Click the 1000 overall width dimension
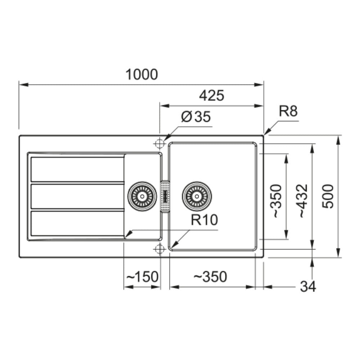(x=141, y=75)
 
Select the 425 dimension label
(x=211, y=96)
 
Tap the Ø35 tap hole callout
(x=196, y=117)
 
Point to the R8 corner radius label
(x=288, y=111)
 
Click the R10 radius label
(x=204, y=220)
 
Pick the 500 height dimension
(x=328, y=196)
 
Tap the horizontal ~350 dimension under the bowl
(x=210, y=276)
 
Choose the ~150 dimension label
(x=142, y=276)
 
